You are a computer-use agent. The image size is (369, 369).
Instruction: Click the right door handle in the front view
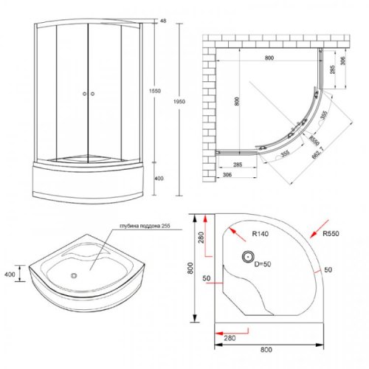click(94, 94)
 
